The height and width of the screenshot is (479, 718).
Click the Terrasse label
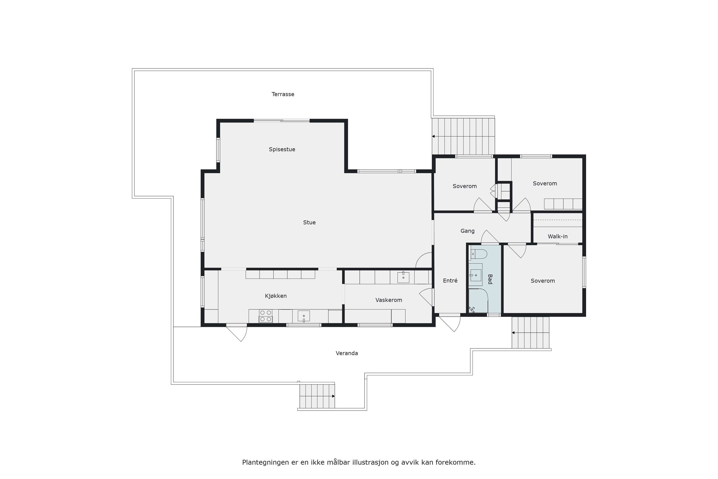tap(283, 94)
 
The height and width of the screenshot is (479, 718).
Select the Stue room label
tap(309, 222)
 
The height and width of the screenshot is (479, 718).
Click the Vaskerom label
tap(389, 300)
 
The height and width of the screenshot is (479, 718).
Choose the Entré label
tap(450, 280)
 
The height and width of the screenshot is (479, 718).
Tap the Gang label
tap(467, 231)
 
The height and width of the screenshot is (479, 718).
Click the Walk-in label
tap(557, 237)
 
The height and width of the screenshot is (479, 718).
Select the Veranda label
tap(347, 353)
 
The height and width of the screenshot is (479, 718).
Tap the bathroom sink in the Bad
tap(476, 275)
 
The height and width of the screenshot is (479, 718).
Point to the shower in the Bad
tap(478, 301)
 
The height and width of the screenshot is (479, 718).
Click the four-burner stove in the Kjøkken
tap(266, 316)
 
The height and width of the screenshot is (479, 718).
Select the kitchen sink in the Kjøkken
tap(304, 316)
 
